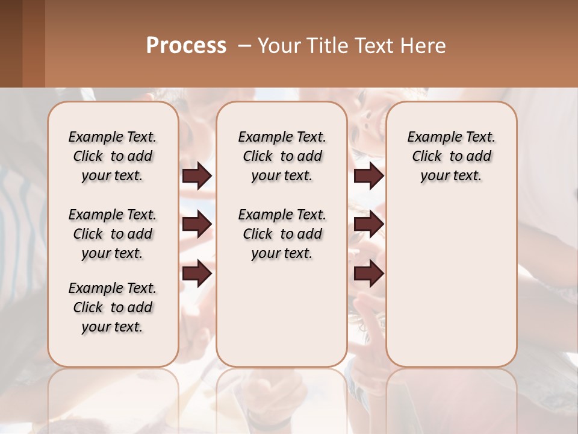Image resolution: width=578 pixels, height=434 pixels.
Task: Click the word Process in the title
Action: (x=186, y=46)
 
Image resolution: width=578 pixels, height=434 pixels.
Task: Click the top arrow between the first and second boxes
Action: (x=197, y=175)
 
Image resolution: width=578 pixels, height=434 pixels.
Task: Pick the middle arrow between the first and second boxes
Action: (x=197, y=224)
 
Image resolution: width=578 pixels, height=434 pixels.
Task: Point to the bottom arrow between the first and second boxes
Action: (x=197, y=273)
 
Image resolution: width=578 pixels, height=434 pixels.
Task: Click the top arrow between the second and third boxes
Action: (x=368, y=175)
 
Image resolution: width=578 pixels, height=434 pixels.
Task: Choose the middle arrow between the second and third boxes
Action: (x=368, y=224)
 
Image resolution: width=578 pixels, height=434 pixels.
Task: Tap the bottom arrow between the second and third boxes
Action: (x=368, y=273)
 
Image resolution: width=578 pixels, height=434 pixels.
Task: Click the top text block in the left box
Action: (x=113, y=156)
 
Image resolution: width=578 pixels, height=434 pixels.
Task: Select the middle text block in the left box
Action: (x=113, y=234)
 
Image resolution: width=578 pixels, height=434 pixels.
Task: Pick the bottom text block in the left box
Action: (x=113, y=307)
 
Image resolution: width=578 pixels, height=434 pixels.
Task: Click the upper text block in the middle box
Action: (x=282, y=156)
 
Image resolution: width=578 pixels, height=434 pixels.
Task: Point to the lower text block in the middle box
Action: (x=282, y=234)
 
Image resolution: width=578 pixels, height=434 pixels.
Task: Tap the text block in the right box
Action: (x=452, y=156)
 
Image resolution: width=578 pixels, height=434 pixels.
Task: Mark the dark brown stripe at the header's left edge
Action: (x=11, y=43)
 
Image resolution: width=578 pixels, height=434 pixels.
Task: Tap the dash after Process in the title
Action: (x=244, y=46)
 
